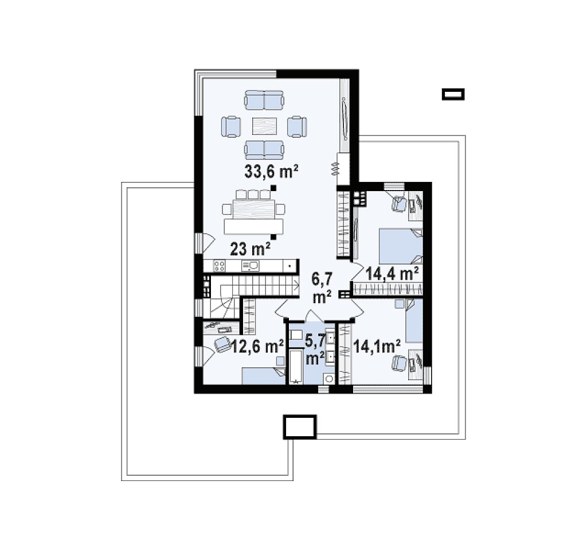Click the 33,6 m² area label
point(271,172)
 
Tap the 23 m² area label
point(250,249)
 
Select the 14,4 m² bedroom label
point(392,274)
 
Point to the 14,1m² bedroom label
point(377,346)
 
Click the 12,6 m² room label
point(257,346)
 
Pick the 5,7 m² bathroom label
point(315,350)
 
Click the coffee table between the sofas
point(264,126)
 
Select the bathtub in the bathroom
point(296,367)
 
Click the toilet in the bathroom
point(329,378)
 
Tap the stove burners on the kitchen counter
point(220,266)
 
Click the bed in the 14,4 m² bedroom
point(401,246)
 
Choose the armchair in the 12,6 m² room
point(222,344)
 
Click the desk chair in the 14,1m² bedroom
point(399,363)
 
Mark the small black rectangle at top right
point(453,94)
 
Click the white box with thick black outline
point(299,426)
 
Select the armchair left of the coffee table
point(230,126)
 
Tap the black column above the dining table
point(273,188)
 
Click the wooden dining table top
point(253,209)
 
